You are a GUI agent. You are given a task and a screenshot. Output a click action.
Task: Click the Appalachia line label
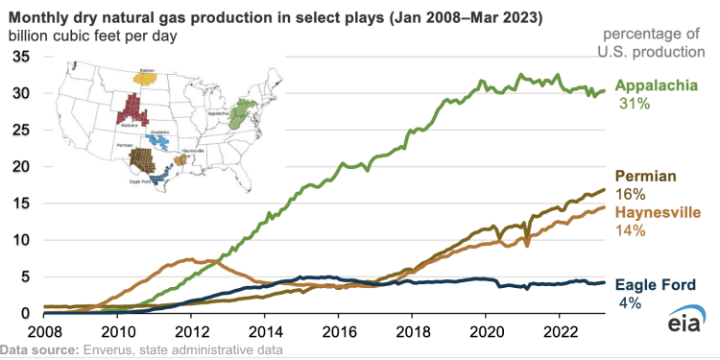click(657, 84)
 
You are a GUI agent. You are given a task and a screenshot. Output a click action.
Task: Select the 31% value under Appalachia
click(630, 103)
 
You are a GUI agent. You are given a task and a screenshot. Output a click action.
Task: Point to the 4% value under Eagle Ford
click(631, 302)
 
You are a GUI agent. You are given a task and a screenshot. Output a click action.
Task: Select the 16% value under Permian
click(630, 195)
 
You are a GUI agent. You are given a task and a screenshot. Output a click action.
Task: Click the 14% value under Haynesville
click(630, 230)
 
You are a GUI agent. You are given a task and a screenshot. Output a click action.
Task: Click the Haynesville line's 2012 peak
click(190, 259)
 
